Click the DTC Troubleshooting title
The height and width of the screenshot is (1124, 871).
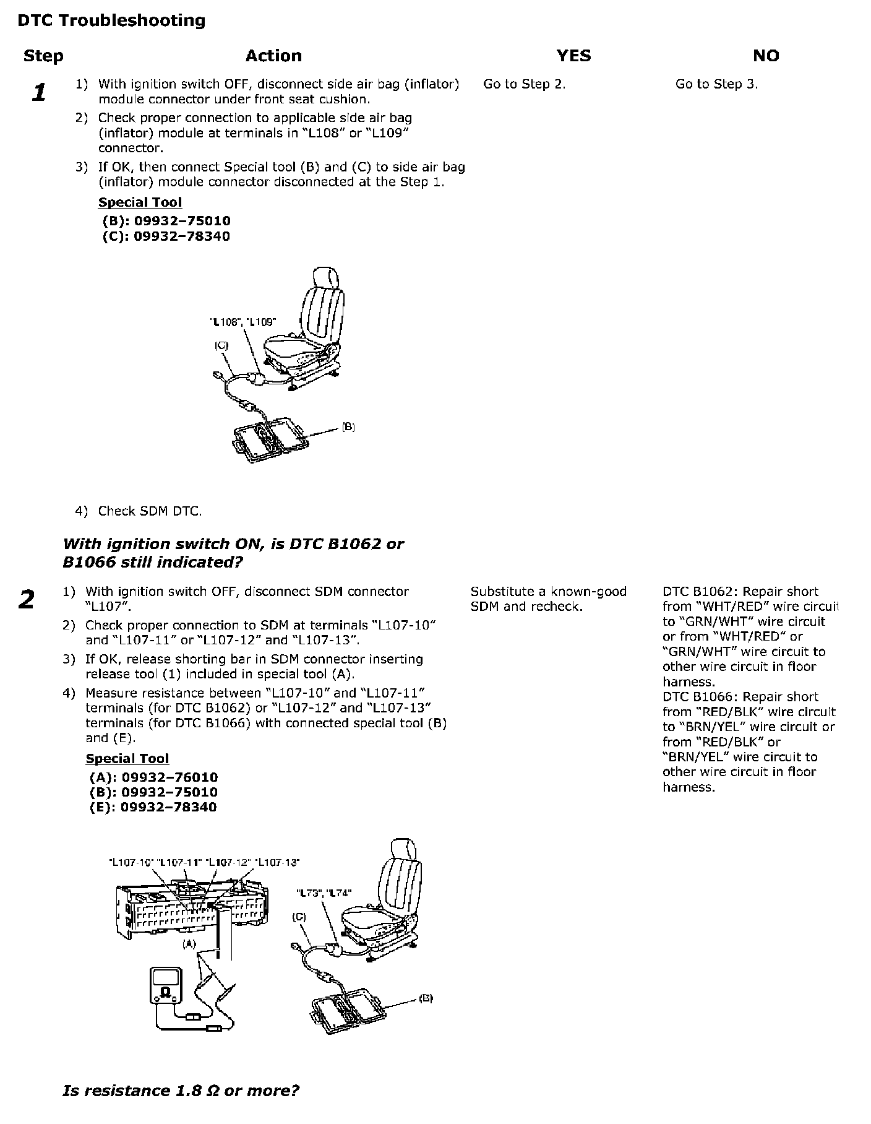point(111,20)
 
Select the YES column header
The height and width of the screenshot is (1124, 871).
point(573,56)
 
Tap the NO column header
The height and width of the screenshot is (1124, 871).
point(766,56)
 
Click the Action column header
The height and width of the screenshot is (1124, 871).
point(273,56)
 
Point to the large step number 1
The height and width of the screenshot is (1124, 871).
point(39,93)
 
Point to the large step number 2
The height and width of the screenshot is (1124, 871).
point(27,600)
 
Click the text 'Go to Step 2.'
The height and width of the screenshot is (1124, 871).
point(524,84)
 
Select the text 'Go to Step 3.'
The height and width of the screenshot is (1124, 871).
point(716,84)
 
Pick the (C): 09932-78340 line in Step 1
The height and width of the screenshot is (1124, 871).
point(166,236)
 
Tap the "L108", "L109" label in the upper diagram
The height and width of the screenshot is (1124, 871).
point(243,322)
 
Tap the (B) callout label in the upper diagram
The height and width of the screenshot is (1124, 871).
point(348,427)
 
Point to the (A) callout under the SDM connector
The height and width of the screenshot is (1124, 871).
point(189,945)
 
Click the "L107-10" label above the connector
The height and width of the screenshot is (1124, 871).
point(130,862)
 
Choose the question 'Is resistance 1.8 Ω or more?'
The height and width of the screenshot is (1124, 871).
point(181,1090)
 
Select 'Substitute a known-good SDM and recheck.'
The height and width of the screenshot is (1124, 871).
point(548,599)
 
